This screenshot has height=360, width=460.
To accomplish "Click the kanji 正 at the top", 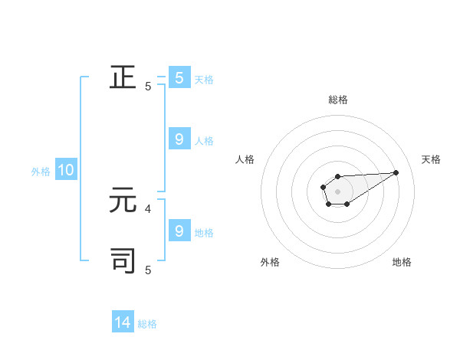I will pyautogui.click(x=123, y=78).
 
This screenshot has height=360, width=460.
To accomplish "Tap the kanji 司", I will pyautogui.click(x=123, y=260).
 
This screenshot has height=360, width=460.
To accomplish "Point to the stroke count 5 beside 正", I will pyautogui.click(x=148, y=87).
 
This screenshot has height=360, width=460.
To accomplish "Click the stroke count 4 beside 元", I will pyautogui.click(x=148, y=208).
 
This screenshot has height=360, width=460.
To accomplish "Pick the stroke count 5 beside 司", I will pyautogui.click(x=148, y=270).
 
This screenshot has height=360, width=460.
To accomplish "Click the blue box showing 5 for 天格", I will pyautogui.click(x=179, y=77).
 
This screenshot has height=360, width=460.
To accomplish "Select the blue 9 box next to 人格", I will pyautogui.click(x=179, y=139).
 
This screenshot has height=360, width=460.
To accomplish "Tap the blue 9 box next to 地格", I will pyautogui.click(x=179, y=231).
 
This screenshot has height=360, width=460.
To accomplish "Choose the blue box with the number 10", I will pyautogui.click(x=66, y=170).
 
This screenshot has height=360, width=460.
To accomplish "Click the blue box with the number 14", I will pyautogui.click(x=123, y=322).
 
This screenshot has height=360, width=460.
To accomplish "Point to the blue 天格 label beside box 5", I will pyautogui.click(x=204, y=79).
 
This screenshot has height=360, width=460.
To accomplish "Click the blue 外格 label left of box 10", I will pyautogui.click(x=41, y=172).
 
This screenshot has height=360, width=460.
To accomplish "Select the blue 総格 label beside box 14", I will pyautogui.click(x=147, y=324).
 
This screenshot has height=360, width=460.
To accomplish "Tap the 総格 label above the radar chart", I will pyautogui.click(x=338, y=100).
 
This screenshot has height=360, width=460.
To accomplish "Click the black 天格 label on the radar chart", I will pyautogui.click(x=431, y=159).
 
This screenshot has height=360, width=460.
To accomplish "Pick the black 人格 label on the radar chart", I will pyautogui.click(x=245, y=159).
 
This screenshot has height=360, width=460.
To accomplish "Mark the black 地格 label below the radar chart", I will pyautogui.click(x=402, y=262).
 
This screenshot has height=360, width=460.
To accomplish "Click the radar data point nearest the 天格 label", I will pyautogui.click(x=396, y=172).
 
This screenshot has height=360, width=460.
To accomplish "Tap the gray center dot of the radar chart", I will pyautogui.click(x=337, y=191).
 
